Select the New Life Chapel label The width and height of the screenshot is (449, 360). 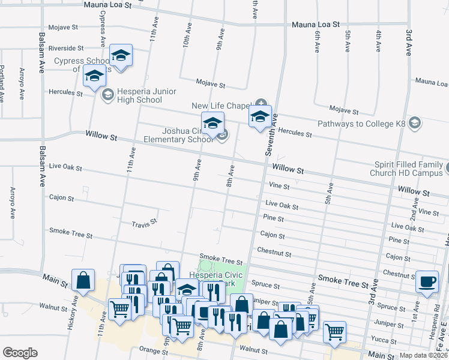220,106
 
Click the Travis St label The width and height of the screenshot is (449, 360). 144,224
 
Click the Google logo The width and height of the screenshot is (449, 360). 20,352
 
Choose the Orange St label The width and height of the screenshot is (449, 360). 151,347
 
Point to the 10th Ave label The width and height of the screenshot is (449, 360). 187,35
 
